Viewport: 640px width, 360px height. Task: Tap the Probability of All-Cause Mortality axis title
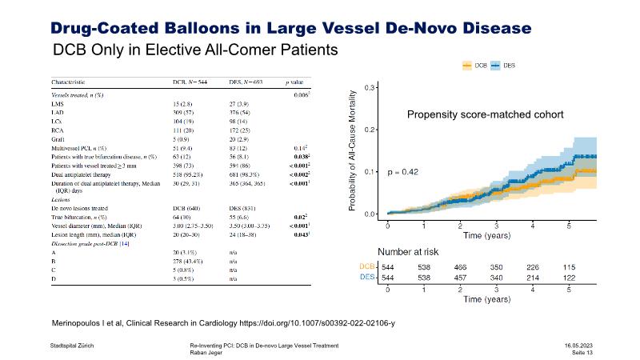[352, 150]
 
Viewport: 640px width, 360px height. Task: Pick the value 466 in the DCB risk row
[460, 266]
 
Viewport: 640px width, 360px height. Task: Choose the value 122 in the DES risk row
[569, 277]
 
